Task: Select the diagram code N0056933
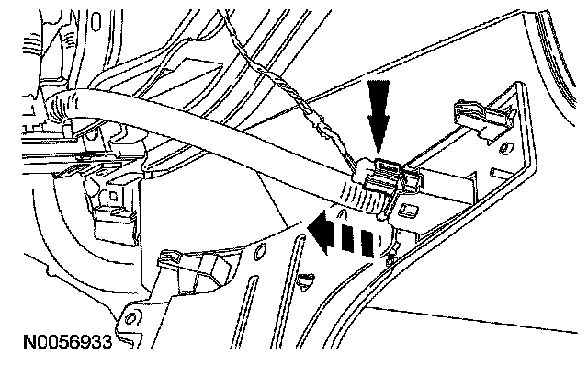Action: (68, 342)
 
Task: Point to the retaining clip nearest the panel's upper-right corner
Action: (484, 117)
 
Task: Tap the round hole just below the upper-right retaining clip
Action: (504, 147)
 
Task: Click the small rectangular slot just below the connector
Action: (408, 211)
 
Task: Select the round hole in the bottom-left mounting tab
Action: (130, 319)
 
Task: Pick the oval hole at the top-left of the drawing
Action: (96, 21)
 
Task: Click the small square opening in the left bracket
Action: (114, 196)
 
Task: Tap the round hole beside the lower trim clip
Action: (259, 252)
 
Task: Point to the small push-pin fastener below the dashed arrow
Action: (306, 280)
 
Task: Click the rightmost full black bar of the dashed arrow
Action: (367, 245)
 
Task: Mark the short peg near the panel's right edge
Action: (499, 174)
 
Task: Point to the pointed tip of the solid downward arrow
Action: (378, 154)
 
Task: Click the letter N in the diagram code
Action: (28, 342)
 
